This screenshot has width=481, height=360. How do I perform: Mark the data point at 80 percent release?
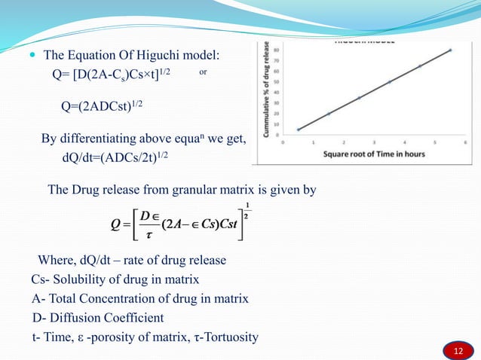(x=450, y=50)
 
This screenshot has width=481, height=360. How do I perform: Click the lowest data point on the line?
(x=298, y=130)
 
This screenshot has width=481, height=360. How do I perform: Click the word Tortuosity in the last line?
(x=231, y=337)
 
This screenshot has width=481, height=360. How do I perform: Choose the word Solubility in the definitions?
(x=68, y=280)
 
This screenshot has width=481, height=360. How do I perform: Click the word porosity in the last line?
(x=122, y=337)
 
